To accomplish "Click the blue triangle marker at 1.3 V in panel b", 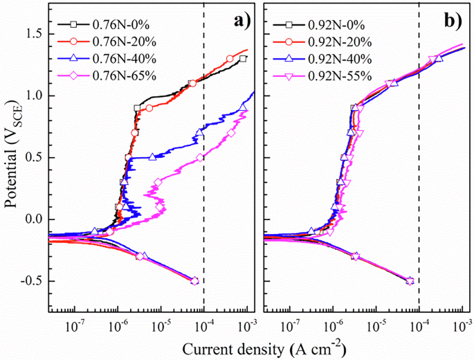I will (439, 59).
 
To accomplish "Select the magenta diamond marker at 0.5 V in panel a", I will (200, 158).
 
